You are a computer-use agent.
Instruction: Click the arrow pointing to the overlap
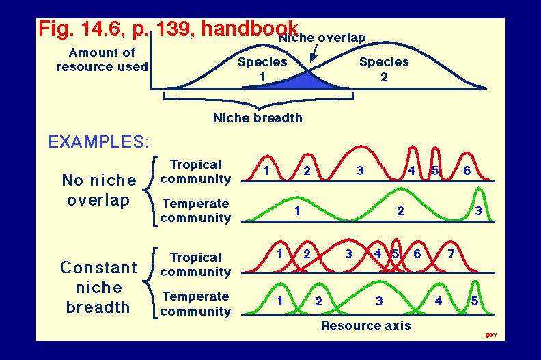coord(314,53)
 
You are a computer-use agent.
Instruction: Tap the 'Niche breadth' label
coord(258,118)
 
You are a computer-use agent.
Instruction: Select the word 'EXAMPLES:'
coord(98,141)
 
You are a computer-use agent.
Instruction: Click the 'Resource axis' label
coord(365,325)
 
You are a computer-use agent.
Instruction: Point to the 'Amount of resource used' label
coord(102,59)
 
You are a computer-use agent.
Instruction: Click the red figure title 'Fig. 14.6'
coord(79,28)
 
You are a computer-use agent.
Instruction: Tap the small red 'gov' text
coord(491,335)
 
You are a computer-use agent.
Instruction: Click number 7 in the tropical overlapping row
coord(451,254)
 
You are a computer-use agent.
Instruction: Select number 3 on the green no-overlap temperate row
coord(478,210)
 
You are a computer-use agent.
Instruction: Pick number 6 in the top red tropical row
coord(467,170)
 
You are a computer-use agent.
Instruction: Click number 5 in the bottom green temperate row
coord(475,301)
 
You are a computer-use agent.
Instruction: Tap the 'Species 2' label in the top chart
coord(384,69)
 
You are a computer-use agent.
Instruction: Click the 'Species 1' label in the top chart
coord(262,69)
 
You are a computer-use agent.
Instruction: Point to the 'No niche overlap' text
coord(99,190)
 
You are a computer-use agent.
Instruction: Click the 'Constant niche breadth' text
coord(98,287)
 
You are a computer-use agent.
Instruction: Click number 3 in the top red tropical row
coord(360,170)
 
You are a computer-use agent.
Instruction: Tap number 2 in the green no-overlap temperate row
coord(400,210)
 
